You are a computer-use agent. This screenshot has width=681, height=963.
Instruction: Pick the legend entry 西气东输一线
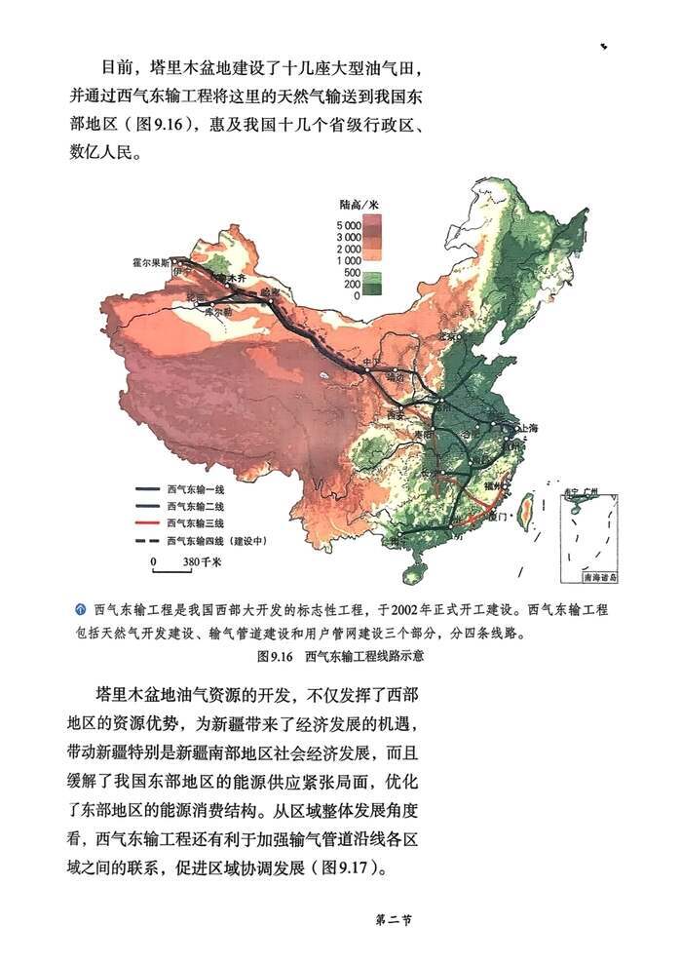point(196,490)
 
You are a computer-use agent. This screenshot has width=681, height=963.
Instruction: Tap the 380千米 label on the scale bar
point(202,562)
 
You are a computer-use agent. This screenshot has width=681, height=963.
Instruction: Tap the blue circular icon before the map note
point(82,610)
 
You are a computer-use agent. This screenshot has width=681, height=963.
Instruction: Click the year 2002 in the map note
point(406,611)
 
